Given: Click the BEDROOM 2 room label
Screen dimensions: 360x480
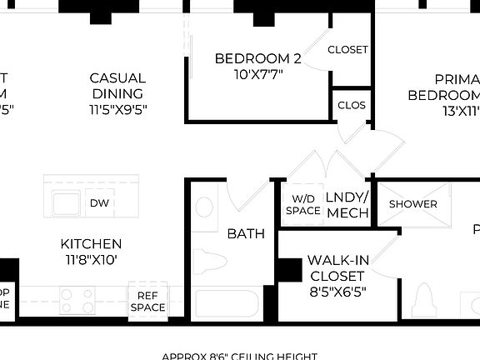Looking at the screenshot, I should click(257, 58).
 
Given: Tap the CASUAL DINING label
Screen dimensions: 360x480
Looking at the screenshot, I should click(117, 86).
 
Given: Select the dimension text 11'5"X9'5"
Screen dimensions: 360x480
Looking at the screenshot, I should click(117, 109).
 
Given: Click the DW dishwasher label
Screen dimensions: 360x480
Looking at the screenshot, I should click(100, 202).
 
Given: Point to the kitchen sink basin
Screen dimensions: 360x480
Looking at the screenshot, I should click(65, 202).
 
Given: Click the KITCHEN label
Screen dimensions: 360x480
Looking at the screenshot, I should click(91, 244).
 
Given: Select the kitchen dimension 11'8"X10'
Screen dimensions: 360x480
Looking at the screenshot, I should click(91, 259).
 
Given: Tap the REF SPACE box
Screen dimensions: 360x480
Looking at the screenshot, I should click(147, 301).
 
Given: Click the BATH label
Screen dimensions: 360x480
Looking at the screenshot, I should click(246, 233).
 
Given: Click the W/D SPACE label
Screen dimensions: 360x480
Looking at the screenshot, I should click(302, 205).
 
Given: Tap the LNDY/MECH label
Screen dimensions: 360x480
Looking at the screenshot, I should click(347, 205).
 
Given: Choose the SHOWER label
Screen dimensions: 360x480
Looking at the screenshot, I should click(412, 204).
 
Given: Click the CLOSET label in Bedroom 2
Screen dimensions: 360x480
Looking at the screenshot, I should click(347, 50).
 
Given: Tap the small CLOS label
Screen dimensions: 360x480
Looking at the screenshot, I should click(350, 106).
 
